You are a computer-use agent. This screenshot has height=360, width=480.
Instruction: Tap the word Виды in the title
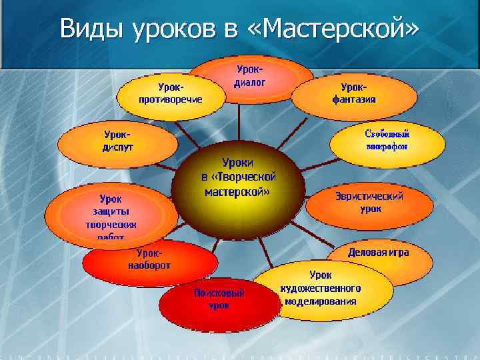pos(91,28)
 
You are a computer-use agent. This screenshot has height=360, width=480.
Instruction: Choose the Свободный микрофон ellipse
pos(387,141)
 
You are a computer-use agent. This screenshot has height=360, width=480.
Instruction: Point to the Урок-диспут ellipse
pos(117,141)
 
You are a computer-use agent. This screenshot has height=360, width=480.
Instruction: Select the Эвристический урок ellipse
pos(369,203)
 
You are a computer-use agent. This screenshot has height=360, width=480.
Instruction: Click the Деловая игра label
pos(378,253)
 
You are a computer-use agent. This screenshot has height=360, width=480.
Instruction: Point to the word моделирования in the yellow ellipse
pos(321,301)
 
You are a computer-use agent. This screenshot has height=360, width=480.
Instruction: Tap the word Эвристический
pos(369,197)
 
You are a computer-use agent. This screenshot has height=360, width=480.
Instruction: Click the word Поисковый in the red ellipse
pos(219,293)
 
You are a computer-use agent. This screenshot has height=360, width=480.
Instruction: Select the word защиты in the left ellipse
pos(111,211)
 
